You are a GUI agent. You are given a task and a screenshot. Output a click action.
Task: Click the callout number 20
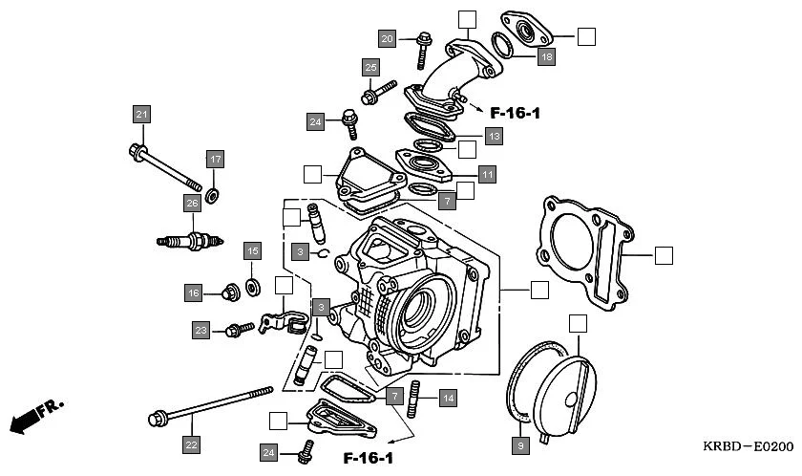[x=387, y=39]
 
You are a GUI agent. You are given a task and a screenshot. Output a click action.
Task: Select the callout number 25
[x=370, y=67]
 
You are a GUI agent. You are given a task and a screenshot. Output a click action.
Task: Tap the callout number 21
[x=141, y=115]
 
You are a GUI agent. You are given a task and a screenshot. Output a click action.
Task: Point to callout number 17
[x=215, y=159]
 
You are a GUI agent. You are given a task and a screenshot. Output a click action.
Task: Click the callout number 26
[x=192, y=203]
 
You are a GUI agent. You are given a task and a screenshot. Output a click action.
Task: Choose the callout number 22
[x=191, y=444]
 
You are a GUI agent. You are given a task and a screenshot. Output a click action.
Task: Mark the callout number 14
[x=448, y=397]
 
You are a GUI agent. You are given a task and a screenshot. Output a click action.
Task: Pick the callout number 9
[x=519, y=444]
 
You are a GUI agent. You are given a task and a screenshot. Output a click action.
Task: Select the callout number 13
[x=493, y=137]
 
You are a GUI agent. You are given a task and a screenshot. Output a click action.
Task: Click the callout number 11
[x=487, y=175]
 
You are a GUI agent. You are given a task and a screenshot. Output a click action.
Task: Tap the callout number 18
[x=545, y=57]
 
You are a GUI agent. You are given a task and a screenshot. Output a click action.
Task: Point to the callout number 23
[x=200, y=331]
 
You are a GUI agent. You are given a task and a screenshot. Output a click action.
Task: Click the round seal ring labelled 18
[x=504, y=45]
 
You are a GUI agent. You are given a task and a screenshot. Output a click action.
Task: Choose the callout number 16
[x=194, y=292]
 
